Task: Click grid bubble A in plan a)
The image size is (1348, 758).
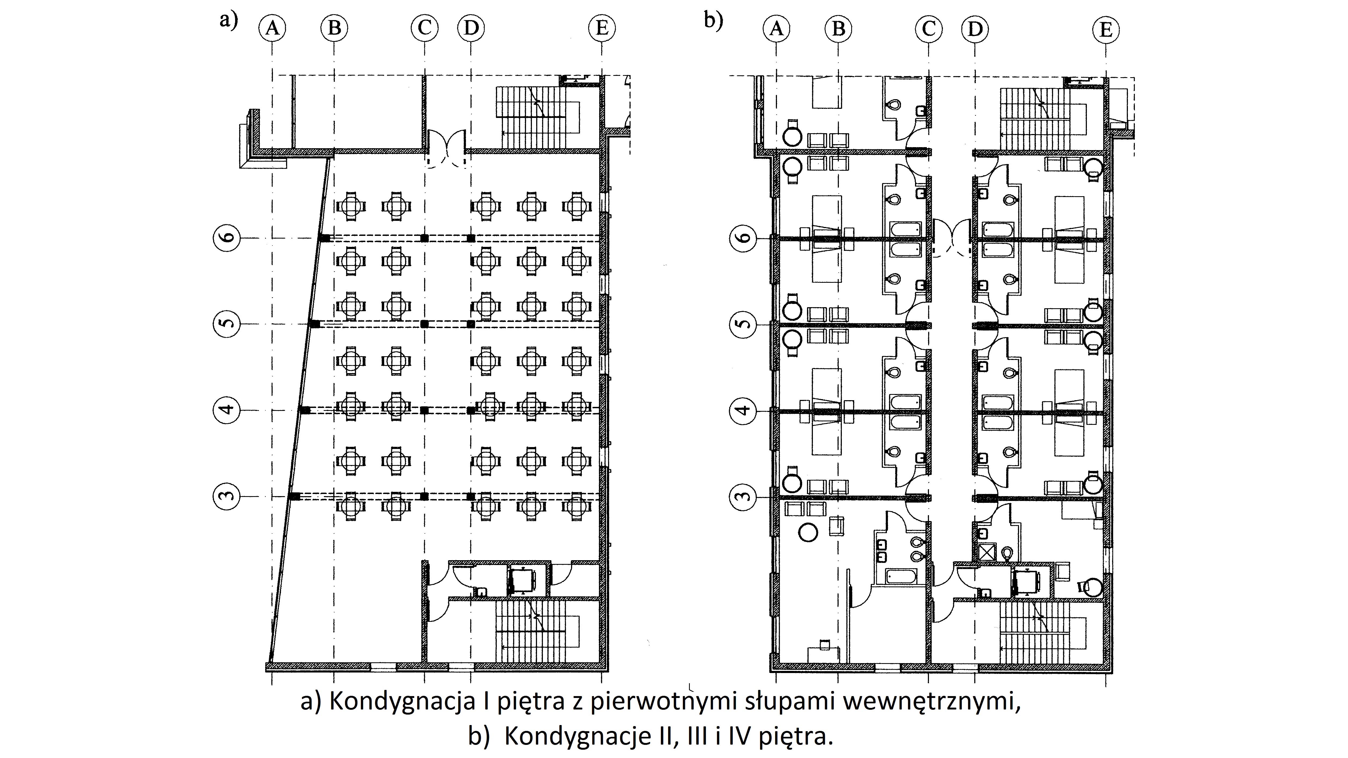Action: [272, 28]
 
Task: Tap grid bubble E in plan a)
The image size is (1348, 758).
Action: [602, 28]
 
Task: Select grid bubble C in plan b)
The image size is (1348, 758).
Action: [929, 29]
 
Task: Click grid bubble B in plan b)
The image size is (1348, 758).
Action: [838, 29]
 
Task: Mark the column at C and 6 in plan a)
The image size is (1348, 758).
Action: [424, 238]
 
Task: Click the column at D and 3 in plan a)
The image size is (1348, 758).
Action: [471, 496]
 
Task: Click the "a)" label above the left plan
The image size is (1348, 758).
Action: [229, 20]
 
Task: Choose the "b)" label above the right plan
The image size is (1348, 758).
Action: [713, 20]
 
